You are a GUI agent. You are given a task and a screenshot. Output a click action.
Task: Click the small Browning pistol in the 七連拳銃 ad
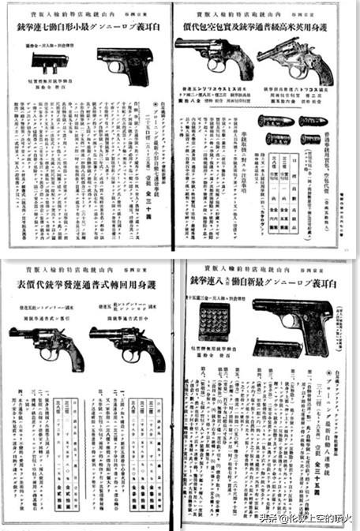(x=124, y=65)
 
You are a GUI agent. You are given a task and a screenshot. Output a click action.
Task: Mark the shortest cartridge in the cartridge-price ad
(x=273, y=138)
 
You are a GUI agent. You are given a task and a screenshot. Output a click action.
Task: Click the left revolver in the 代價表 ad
(x=47, y=343)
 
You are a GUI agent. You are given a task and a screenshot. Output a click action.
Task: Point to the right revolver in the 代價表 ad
(x=127, y=344)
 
